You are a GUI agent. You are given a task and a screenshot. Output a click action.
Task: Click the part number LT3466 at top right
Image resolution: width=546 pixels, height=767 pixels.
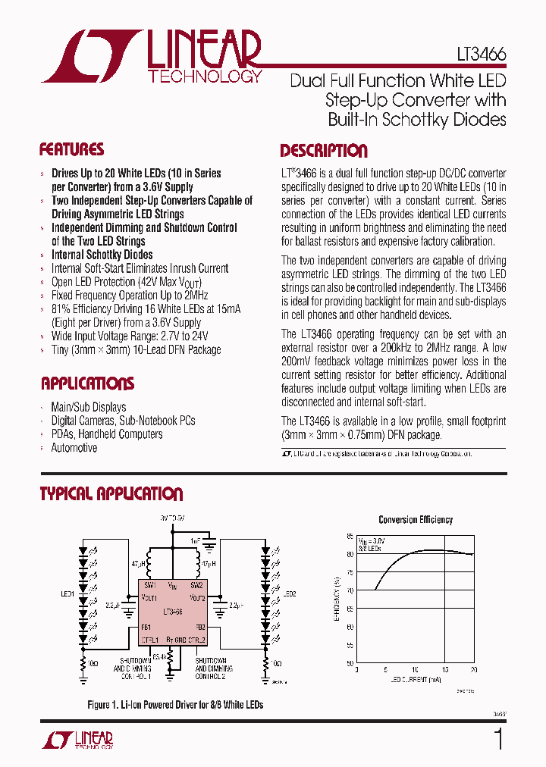point(482,55)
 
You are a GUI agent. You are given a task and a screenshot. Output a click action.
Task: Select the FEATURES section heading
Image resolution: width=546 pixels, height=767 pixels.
point(71,149)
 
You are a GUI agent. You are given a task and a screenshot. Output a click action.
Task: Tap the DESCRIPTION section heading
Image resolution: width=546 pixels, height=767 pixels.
point(324,150)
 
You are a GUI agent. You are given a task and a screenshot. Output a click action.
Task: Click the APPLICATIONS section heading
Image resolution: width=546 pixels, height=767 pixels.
point(87,383)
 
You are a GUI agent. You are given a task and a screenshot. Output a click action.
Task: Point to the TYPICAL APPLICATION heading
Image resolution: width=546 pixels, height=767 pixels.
point(111,494)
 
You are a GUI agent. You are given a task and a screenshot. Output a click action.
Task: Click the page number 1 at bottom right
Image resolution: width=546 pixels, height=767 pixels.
point(498,739)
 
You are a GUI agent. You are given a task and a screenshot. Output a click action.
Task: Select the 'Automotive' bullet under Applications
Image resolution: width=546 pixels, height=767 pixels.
point(74,448)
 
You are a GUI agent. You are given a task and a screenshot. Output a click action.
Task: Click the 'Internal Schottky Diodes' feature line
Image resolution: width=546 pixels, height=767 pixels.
point(102,255)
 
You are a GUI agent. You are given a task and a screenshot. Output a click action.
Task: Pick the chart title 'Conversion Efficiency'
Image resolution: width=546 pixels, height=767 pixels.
point(416,519)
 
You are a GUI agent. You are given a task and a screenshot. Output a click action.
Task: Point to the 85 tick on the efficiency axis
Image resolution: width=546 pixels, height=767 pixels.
point(350,536)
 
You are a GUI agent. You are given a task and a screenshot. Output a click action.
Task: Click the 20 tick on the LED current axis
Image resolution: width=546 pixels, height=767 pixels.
point(474,670)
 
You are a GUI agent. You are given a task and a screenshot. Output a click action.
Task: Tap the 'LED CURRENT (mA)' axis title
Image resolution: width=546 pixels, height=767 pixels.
point(416,679)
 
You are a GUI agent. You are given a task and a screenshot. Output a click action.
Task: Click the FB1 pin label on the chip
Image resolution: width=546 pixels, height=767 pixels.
point(146,628)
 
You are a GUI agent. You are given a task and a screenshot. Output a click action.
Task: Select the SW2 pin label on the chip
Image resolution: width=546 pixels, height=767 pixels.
point(196,585)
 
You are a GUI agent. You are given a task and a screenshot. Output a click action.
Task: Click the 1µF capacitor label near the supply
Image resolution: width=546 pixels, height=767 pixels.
point(196,541)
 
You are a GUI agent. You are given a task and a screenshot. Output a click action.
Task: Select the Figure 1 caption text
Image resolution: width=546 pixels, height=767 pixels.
point(175,705)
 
